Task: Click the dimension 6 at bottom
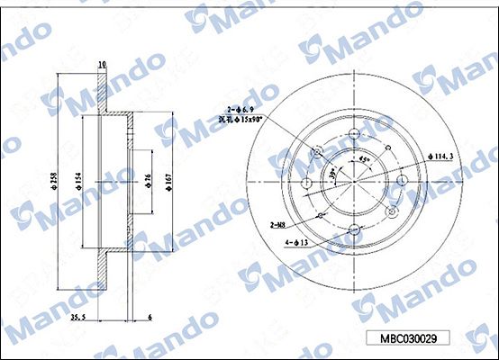[x=150, y=317]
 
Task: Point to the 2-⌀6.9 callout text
[x=242, y=107]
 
